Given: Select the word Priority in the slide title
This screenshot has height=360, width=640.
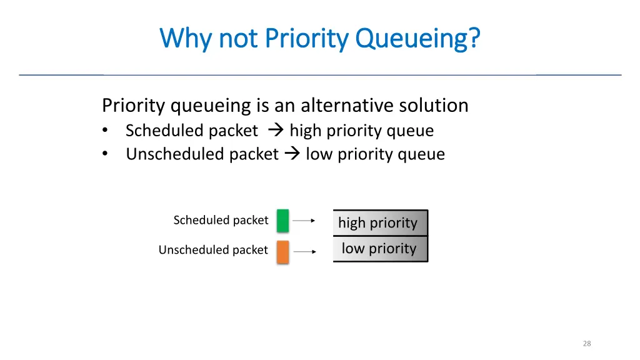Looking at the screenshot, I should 306,39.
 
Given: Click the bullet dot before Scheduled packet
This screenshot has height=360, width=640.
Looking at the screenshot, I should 107,131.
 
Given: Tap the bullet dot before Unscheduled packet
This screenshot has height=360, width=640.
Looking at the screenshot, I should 107,154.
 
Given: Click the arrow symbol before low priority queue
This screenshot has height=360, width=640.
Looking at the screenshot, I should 291,154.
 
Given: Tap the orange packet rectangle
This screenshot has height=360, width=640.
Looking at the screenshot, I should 282,251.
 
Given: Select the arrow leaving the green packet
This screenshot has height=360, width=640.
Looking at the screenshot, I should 304,221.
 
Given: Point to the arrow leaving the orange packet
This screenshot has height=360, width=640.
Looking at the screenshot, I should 304,251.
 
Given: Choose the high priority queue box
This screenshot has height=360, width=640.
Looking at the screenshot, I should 380,222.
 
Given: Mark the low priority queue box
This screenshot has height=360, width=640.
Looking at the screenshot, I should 380,249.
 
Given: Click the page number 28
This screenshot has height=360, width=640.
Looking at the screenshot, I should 586,343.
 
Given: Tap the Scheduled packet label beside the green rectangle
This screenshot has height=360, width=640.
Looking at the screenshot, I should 221,220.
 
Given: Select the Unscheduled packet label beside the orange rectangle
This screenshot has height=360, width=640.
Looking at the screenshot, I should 213,250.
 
